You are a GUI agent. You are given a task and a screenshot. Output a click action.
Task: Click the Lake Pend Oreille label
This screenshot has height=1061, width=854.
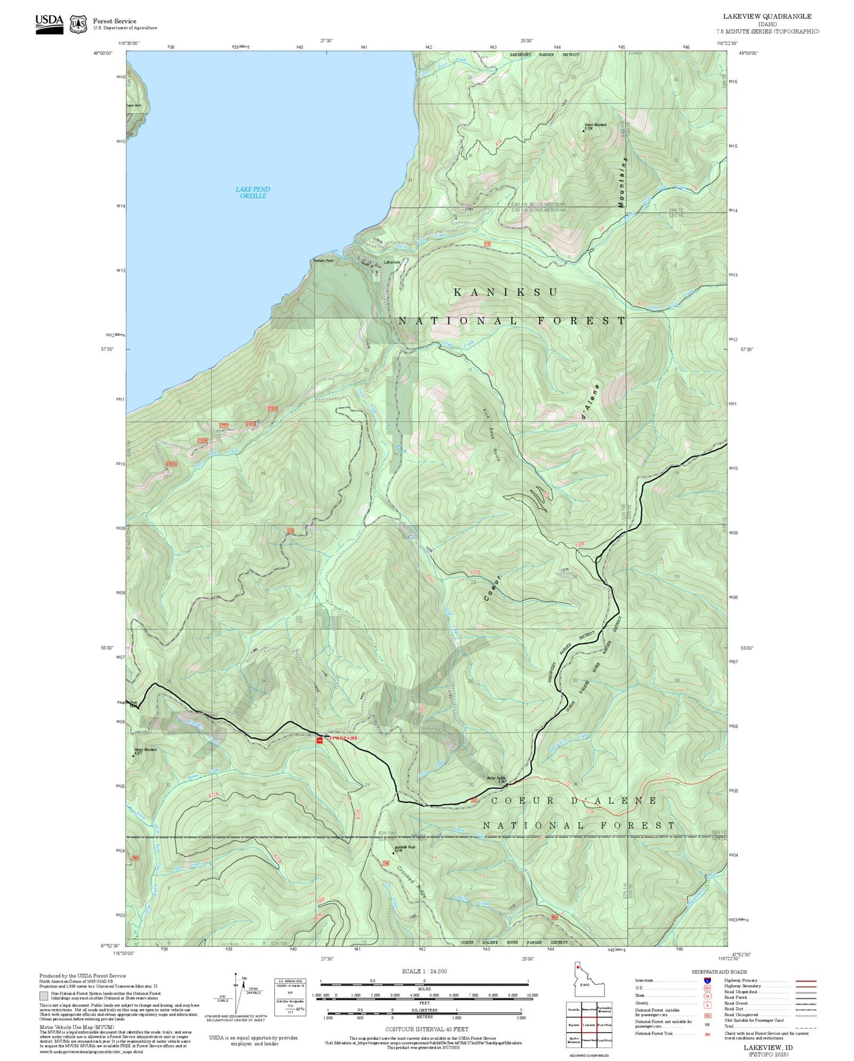[x=252, y=192]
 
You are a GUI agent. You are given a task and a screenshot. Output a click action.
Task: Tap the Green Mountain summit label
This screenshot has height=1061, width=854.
[x=595, y=126]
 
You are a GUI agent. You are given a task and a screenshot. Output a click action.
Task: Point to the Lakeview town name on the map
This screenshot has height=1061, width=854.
[x=392, y=262]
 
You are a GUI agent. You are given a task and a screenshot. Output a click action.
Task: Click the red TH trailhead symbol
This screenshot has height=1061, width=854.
[x=320, y=740]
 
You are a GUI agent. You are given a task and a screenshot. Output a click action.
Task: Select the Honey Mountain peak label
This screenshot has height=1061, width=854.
[x=145, y=751]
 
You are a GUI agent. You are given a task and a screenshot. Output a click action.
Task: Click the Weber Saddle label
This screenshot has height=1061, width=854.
[x=496, y=778]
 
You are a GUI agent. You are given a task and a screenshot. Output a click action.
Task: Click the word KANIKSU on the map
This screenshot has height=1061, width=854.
[x=506, y=292]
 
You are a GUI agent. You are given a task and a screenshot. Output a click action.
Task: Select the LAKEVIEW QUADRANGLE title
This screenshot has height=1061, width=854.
[x=767, y=17]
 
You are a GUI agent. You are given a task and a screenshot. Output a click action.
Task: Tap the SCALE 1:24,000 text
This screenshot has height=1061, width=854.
[x=424, y=971]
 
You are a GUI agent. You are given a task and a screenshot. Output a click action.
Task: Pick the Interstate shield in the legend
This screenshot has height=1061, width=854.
[x=707, y=980]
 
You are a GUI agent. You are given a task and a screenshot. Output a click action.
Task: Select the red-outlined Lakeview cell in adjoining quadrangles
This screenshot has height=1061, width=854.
[x=589, y=1024]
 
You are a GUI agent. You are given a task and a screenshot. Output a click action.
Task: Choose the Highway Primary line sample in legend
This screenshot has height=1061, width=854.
[x=806, y=981]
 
